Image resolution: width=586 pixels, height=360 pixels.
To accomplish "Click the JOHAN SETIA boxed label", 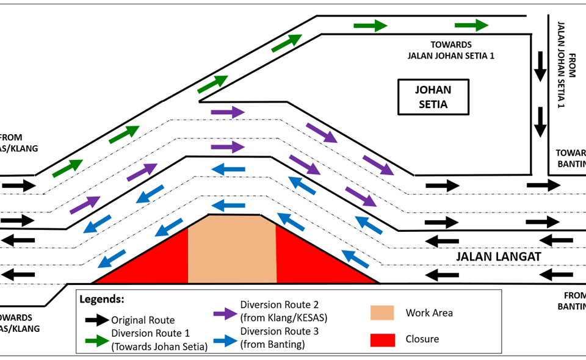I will coord(433,97).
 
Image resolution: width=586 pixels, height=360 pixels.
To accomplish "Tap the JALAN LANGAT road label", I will coord(499,257).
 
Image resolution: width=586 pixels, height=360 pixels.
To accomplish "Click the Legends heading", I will coord(102,300).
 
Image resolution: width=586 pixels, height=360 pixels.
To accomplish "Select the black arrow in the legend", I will coord(96,320).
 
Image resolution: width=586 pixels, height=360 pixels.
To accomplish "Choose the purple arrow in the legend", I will coord(225,313).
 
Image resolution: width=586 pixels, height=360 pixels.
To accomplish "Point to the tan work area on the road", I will coord(232,250).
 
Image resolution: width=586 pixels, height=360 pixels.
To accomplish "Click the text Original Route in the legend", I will coord(143,320).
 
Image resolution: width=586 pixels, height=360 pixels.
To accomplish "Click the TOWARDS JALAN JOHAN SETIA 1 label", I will coord(450,50).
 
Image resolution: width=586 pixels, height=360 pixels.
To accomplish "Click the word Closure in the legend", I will coord(422,339).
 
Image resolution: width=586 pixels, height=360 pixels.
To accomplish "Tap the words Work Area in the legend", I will coord(429,313).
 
